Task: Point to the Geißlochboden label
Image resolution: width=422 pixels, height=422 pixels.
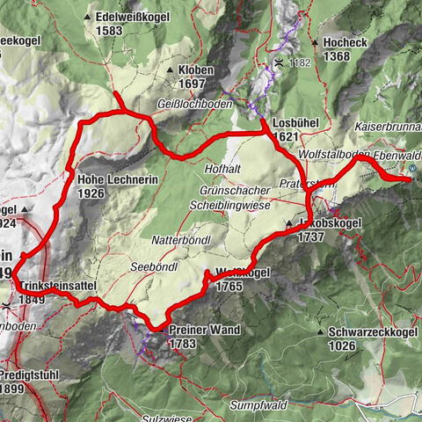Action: click(194, 102)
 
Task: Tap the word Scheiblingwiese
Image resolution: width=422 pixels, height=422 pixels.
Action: click(228, 205)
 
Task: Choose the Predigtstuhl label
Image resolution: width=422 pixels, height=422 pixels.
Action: click(34, 375)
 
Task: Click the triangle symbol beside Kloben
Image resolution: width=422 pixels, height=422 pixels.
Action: click(169, 69)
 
